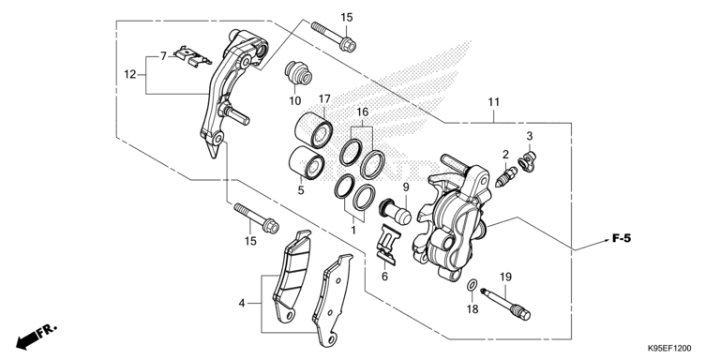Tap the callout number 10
click(x=294, y=100)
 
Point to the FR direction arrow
click(x=36, y=336)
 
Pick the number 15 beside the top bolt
click(x=347, y=18)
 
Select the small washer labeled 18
click(x=470, y=284)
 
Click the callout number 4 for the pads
click(x=242, y=303)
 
